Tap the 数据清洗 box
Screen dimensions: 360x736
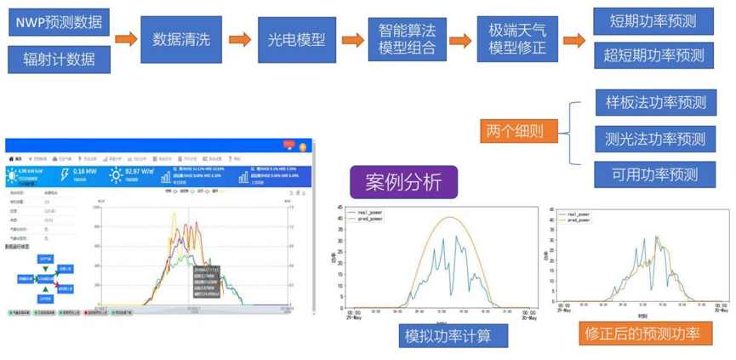(x=181, y=39)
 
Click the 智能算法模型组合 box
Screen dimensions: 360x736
(x=406, y=39)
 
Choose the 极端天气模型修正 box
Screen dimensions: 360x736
(x=517, y=39)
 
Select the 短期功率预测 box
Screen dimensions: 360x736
(x=653, y=20)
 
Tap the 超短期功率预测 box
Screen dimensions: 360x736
(x=653, y=55)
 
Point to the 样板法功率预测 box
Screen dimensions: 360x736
(x=655, y=103)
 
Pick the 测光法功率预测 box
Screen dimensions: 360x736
(x=655, y=139)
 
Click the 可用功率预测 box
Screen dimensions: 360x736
(x=655, y=174)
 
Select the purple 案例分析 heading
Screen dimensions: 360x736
(x=403, y=182)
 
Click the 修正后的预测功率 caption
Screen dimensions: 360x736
(x=643, y=334)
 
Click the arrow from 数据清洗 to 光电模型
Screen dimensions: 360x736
(x=240, y=39)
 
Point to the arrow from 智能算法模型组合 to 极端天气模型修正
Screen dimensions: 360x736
(x=460, y=40)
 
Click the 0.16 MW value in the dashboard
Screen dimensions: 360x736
(x=84, y=171)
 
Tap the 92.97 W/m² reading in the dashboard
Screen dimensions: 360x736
(x=140, y=171)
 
